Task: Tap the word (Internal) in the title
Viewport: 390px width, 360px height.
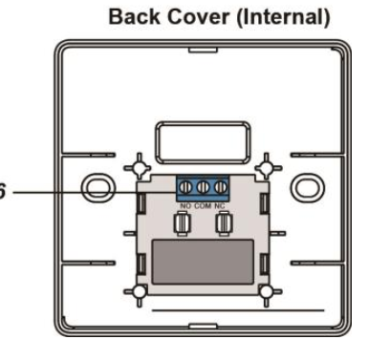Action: (283, 17)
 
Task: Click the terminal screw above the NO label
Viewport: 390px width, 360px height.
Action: (186, 187)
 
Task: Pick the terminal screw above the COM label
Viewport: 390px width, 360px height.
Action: (203, 187)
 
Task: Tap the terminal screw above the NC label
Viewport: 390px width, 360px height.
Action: (220, 187)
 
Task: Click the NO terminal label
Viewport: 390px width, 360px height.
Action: (185, 206)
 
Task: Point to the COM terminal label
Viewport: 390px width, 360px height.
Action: (203, 206)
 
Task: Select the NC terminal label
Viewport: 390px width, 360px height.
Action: (220, 206)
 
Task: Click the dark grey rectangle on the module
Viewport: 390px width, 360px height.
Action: (203, 262)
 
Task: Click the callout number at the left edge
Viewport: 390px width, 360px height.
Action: (2, 192)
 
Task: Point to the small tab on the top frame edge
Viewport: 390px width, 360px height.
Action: (203, 50)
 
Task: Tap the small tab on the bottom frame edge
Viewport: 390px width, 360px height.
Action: (203, 326)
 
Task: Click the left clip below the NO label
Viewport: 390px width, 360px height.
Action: (182, 224)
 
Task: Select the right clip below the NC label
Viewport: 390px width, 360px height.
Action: (225, 224)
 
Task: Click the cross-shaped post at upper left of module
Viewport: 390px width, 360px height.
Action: (140, 167)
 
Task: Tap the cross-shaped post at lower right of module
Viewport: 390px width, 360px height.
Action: (267, 292)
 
